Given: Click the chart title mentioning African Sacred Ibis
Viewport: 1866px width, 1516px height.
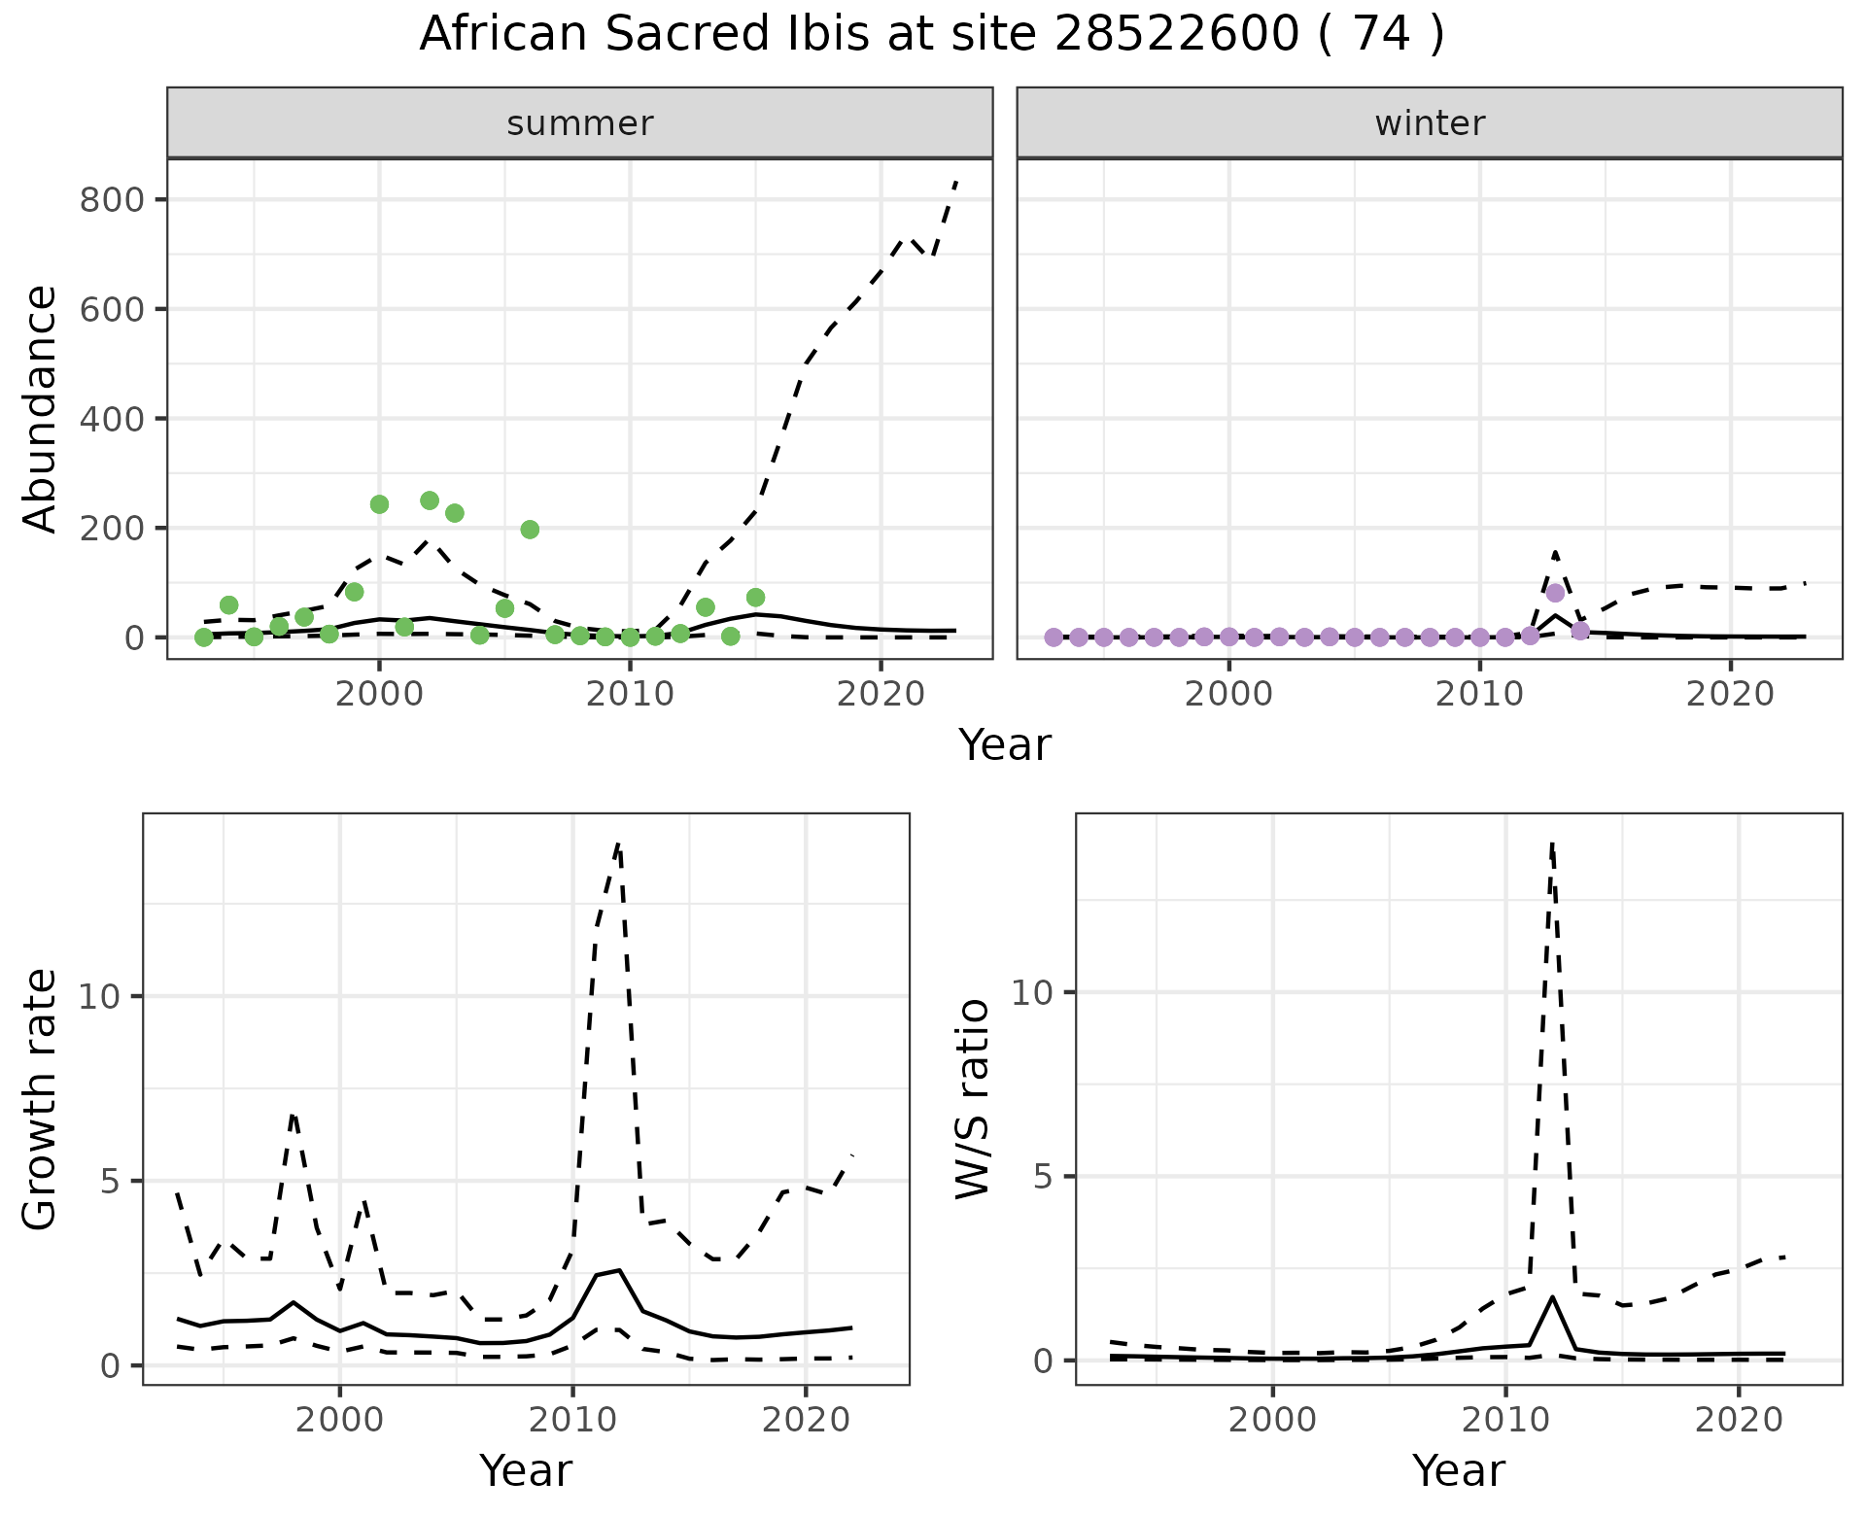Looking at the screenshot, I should (x=931, y=35).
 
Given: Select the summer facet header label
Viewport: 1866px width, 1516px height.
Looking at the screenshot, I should (x=579, y=123).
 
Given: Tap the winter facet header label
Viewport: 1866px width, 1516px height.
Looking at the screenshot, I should (x=1429, y=123).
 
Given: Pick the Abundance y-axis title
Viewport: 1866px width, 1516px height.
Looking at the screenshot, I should (x=41, y=409).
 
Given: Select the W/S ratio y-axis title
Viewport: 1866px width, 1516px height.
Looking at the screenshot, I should (x=973, y=1099).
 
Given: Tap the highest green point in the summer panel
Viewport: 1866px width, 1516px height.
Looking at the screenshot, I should (x=430, y=500).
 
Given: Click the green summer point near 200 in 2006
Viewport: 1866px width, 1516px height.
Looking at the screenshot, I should (x=530, y=530).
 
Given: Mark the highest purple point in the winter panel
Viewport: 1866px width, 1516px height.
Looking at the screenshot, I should (x=1555, y=593).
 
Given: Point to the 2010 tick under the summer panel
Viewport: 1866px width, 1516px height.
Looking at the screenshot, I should (x=630, y=695).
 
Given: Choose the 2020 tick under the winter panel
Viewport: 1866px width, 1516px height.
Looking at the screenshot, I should (x=1730, y=695).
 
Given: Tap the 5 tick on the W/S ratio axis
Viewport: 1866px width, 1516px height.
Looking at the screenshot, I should (x=1037, y=1177).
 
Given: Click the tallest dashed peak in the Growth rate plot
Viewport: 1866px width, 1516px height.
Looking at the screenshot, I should (x=618, y=844).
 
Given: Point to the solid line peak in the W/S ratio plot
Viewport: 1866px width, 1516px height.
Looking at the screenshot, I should (x=1552, y=1297).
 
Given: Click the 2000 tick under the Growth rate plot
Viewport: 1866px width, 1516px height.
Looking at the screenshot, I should (x=339, y=1420).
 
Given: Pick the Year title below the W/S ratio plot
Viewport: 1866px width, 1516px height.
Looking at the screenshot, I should (x=1458, y=1470).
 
